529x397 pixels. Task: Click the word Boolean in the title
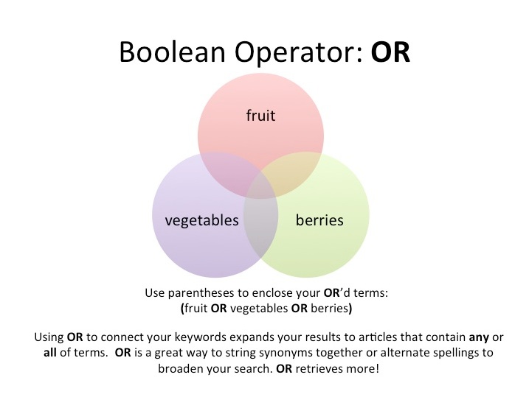(x=173, y=52)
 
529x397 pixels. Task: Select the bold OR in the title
(x=391, y=52)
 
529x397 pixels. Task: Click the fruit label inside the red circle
(x=260, y=115)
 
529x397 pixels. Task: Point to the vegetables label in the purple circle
(x=201, y=220)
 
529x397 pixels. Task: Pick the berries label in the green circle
(x=319, y=220)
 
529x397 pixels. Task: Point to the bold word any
(x=479, y=337)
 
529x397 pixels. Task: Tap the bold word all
(x=50, y=353)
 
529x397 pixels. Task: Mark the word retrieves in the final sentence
(x=319, y=369)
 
